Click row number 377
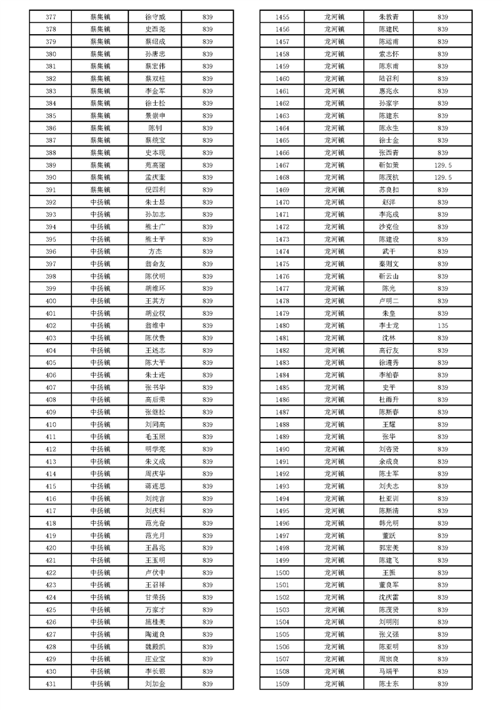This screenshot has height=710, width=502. pos(51,17)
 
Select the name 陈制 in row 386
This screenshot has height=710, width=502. pos(155,128)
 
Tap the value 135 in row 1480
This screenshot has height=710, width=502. pos(442,325)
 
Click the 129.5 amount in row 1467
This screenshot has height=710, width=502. pos(442,165)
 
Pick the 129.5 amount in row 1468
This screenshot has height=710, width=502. pos(442,178)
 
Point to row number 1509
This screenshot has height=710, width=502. pos(282,684)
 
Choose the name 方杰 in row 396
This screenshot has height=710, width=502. pos(155,251)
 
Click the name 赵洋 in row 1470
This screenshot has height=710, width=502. pos(389,202)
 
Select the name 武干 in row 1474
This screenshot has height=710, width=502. pos(389,251)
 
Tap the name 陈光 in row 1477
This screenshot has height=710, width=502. pos(389,289)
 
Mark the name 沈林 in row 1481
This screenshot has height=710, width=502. pos(389,338)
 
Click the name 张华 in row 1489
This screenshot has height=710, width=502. pos(389,437)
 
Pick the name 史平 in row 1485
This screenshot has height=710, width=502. pos(389,387)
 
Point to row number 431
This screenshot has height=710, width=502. pos(51,684)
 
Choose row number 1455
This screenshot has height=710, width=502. pos(282,17)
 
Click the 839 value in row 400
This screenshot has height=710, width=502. pos(207,301)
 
